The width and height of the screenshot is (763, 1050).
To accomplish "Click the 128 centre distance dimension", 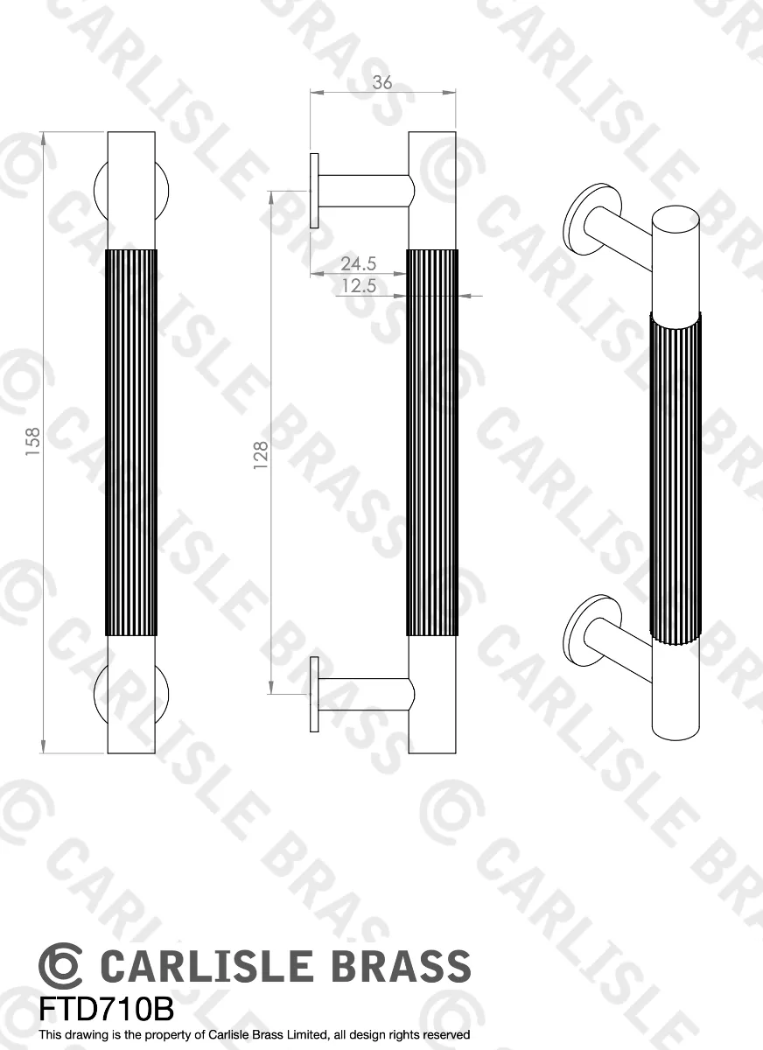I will [x=261, y=456].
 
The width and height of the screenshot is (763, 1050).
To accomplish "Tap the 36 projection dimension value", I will [x=382, y=83].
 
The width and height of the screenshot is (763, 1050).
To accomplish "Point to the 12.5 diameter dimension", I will [x=358, y=285].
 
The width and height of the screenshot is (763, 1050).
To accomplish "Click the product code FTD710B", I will [x=106, y=1009].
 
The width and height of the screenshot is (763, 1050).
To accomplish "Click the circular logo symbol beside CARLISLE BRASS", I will [x=60, y=967].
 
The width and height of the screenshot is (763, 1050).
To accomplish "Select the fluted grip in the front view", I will [x=131, y=443].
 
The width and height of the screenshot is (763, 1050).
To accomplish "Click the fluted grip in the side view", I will [x=432, y=443].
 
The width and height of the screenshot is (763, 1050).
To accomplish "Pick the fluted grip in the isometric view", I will [x=675, y=477].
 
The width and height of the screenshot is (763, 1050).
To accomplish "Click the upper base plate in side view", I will [x=313, y=191].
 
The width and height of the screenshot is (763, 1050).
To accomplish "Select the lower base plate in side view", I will [x=313, y=695].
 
